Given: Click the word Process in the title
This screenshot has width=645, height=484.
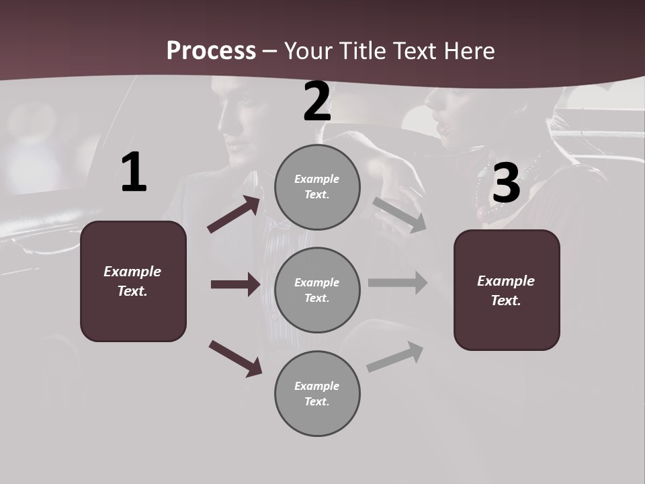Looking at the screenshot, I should point(211,50).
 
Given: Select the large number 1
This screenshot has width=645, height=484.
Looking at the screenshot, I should point(134,173).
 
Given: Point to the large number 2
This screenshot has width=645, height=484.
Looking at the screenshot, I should point(317,102).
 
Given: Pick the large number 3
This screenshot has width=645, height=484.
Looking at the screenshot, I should point(506,183).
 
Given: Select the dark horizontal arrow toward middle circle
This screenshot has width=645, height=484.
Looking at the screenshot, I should point(235,284).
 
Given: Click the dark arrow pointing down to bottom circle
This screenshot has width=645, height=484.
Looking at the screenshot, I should point(235,358).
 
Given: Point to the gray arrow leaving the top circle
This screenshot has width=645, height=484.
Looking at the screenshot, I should point(400,214).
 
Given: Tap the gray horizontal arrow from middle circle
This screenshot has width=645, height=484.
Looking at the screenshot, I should point(398,282).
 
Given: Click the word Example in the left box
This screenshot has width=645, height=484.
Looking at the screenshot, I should point(132,272).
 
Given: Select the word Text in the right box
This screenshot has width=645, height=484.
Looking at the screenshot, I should point(505,300).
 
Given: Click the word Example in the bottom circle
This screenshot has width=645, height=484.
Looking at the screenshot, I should point(316,386).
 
